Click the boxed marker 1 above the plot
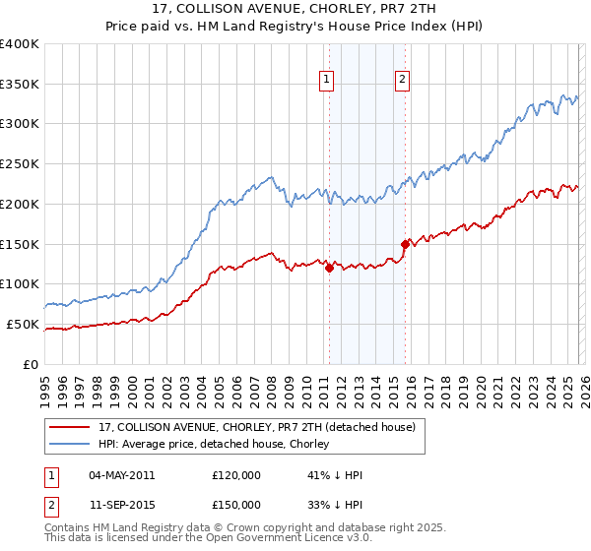pos(326,82)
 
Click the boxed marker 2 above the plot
pos(403,82)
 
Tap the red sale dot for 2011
pos(328,268)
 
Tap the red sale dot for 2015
pos(404,244)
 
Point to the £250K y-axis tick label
pos(20,164)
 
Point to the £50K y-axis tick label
pos(23,324)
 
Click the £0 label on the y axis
pos(30,364)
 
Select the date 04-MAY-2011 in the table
pos(122,475)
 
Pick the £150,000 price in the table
pos(236,505)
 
